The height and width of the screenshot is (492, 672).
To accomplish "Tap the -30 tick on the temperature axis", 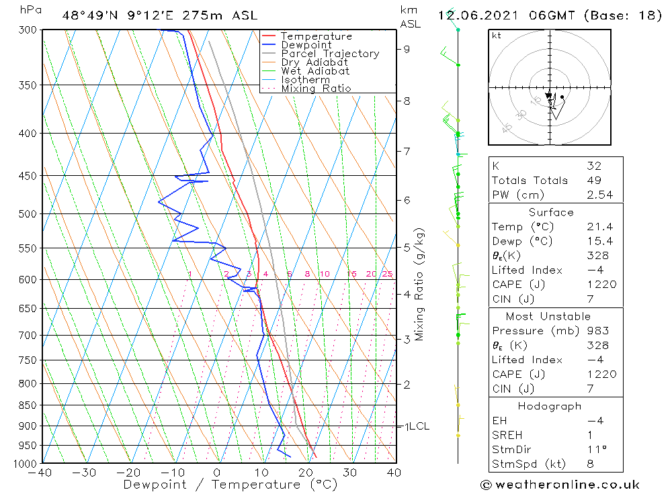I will pos(85,473).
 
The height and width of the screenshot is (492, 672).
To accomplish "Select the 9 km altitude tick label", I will pos(407,49).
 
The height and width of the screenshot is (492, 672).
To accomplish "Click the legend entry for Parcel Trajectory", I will pos(330,54).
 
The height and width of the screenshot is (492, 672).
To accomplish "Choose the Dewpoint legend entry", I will pos(306,45).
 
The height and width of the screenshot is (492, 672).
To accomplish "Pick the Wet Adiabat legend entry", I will pos(315,71).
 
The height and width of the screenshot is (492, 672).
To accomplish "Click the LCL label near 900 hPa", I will pos(419,426).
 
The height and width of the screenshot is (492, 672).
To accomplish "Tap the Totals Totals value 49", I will pos(594,181).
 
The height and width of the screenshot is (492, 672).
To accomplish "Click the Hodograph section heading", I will pos(550,406).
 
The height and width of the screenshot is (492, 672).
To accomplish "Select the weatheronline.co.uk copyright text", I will pos(560,485).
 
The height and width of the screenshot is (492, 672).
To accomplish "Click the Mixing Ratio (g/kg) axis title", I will pos(419,284).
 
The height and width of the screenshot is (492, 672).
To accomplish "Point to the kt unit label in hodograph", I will pos(497,36).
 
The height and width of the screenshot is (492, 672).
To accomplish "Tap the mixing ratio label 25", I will pos(387,274).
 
